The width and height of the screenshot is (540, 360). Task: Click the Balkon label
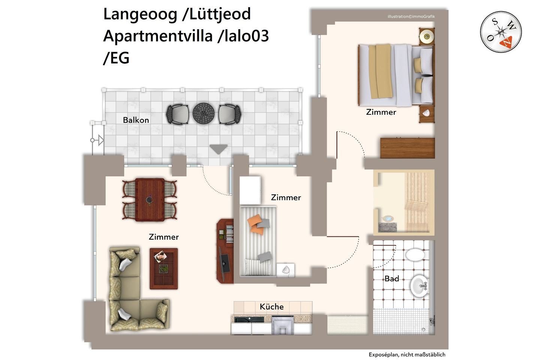[136, 120]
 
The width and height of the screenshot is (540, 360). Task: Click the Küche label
[271, 307]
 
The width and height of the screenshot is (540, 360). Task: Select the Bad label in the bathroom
[391, 279]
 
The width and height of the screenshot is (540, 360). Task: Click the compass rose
[501, 32]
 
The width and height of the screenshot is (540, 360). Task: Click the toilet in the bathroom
[415, 255]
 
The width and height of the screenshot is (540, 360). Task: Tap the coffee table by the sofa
[163, 268]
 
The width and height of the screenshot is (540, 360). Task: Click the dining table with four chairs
[150, 199]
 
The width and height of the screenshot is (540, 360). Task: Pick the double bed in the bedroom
[396, 75]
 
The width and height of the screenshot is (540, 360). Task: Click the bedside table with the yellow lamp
[426, 36]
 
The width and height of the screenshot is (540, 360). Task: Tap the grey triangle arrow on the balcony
[218, 149]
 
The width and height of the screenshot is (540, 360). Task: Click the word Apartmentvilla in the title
[157, 36]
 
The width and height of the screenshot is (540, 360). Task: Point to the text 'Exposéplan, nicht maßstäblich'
[406, 354]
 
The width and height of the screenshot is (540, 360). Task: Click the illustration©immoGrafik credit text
[411, 16]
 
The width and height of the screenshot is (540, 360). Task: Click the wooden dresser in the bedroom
[407, 148]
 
